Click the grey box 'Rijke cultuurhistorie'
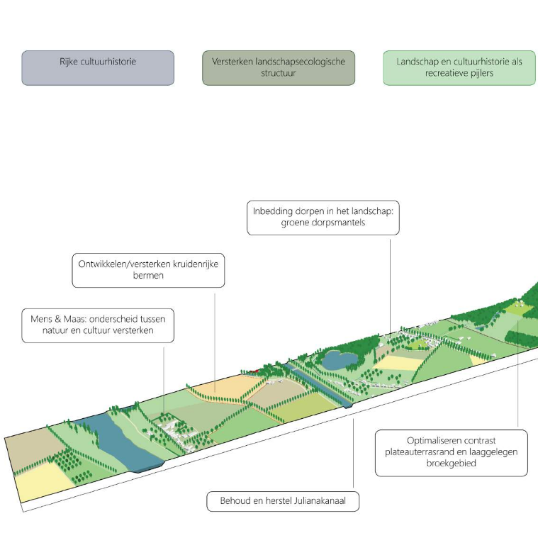pos(98,68)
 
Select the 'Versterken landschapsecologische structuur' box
pos(278,68)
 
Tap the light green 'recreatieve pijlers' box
pos(459,68)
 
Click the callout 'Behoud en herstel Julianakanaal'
pos(284,502)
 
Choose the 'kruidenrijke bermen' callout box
pos(148,269)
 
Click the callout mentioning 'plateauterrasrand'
pos(452,452)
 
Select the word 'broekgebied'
pos(452,464)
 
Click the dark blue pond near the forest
pos(339,360)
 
